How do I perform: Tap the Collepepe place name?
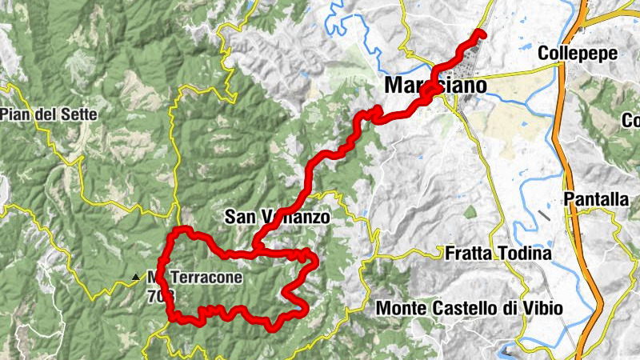pyautogui.click(x=577, y=54)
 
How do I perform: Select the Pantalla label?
pyautogui.click(x=596, y=199)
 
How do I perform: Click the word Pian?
pyautogui.click(x=16, y=114)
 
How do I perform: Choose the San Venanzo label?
pyautogui.click(x=277, y=216)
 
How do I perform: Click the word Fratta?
pyautogui.click(x=469, y=254)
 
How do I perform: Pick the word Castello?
pyautogui.click(x=464, y=307)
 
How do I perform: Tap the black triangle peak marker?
pyautogui.click(x=135, y=278)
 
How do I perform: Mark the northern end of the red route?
pyautogui.click(x=481, y=33)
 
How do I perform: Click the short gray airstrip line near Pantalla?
pyautogui.click(x=544, y=215)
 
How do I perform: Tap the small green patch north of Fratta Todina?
pyautogui.click(x=470, y=212)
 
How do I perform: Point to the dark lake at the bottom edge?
pyautogui.click(x=510, y=349)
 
